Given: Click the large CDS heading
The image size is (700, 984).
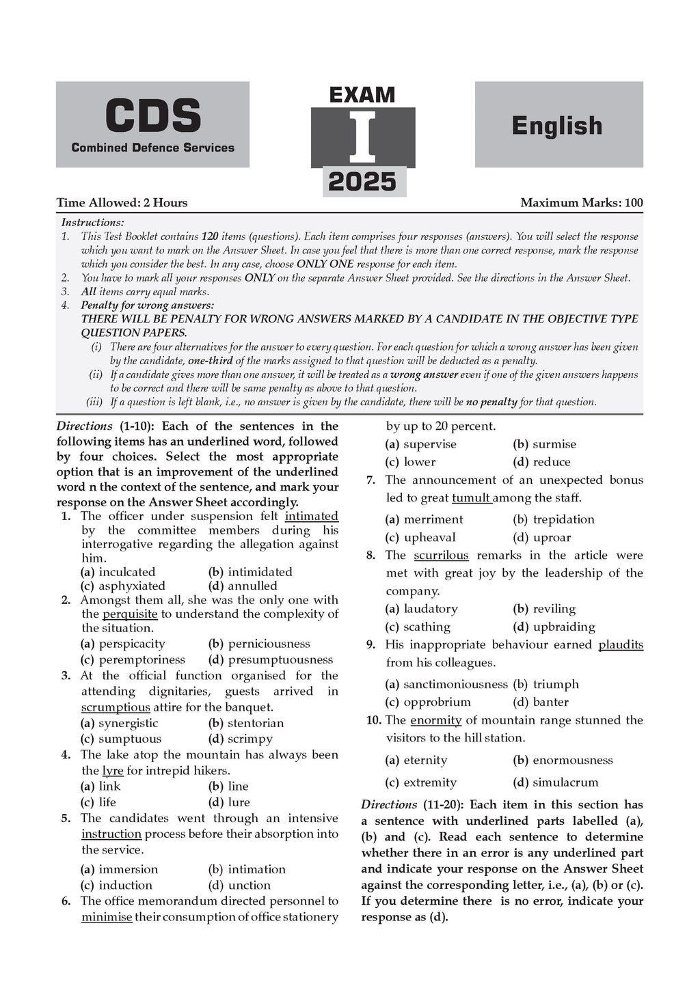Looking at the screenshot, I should [152, 115].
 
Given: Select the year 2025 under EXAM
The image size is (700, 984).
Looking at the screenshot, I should [362, 182].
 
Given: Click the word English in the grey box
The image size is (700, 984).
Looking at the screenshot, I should [557, 126].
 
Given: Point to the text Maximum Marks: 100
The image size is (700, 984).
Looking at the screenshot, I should [581, 202].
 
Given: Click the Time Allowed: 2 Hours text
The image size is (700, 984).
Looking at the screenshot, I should [122, 202].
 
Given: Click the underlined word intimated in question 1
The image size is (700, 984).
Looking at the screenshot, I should [312, 516].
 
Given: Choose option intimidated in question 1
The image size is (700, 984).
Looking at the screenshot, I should [260, 572].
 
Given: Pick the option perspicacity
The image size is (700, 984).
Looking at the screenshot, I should [132, 644].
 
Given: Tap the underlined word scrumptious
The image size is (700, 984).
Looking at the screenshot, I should [116, 707].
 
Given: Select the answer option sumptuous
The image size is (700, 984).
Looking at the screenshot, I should [130, 739].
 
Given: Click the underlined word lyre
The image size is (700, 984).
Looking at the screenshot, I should [113, 771].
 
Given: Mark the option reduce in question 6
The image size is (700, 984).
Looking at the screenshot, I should [552, 462].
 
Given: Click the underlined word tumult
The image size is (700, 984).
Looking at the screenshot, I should [471, 498].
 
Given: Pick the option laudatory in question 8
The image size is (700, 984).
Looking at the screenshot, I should [431, 609].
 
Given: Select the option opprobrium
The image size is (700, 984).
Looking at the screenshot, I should [437, 702].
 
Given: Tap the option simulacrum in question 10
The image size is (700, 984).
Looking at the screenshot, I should [565, 782].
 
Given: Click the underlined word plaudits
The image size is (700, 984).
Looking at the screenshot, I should [621, 644].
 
